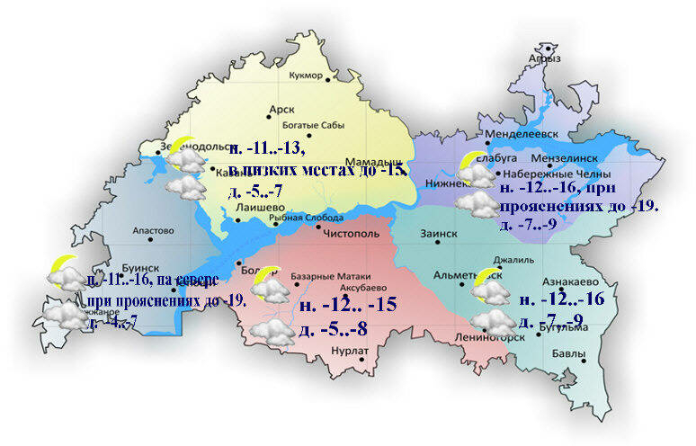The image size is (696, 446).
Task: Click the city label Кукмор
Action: click(305, 76)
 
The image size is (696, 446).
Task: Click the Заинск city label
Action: click(439, 234)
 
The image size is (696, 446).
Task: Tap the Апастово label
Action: click(152, 231)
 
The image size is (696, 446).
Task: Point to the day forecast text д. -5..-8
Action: click(332, 329)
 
